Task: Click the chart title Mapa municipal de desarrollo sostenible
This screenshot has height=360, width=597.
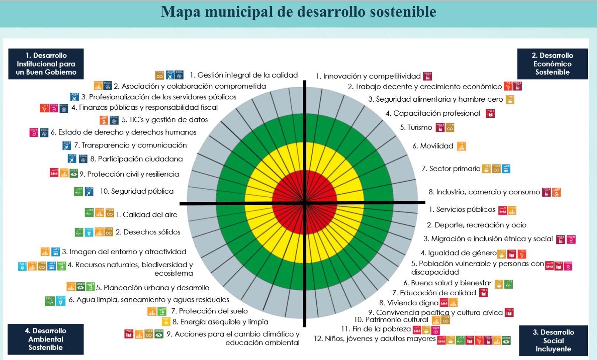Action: (298, 12)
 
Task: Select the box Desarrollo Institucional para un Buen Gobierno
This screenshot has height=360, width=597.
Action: (46, 64)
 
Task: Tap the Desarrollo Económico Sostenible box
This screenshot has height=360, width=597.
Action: (552, 64)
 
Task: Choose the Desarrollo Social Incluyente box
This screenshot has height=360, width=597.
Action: (553, 340)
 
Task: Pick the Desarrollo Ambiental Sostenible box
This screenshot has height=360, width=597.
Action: (45, 339)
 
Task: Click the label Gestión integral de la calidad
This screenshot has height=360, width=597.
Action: (244, 75)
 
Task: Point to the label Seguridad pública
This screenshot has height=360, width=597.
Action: (137, 191)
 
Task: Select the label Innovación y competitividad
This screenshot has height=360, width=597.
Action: (368, 76)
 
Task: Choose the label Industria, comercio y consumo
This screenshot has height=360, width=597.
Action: (484, 192)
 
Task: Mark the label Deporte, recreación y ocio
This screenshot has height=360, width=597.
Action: (477, 225)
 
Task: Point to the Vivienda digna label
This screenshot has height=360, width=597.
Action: (409, 303)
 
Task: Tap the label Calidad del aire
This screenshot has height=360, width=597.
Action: (146, 214)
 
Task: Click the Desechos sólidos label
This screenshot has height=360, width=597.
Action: (148, 232)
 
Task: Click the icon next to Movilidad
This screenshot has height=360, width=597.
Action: (461, 146)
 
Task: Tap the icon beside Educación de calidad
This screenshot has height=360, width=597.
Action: (483, 293)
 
